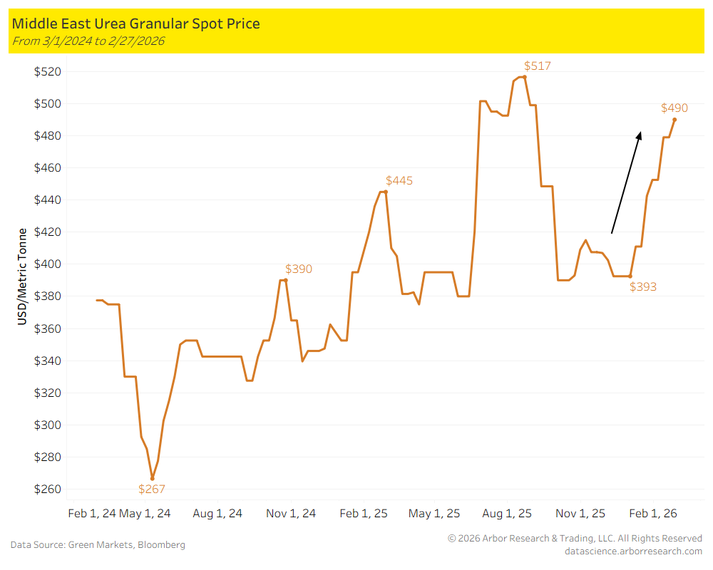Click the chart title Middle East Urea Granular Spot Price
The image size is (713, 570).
135,24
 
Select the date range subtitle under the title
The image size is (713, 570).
88,41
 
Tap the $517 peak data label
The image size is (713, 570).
537,66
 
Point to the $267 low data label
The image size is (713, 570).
151,489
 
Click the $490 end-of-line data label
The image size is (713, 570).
674,108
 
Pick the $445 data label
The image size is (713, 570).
399,181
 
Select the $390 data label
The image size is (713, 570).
298,269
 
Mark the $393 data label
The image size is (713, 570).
642,287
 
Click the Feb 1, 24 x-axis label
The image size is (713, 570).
91,513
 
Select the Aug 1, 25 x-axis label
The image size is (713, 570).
508,513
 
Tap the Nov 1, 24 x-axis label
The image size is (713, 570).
290,513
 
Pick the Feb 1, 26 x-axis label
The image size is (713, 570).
653,513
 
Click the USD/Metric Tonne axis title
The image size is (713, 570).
23,276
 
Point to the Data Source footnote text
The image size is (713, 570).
98,545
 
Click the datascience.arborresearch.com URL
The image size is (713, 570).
633,551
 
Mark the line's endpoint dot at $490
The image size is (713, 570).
674,120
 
